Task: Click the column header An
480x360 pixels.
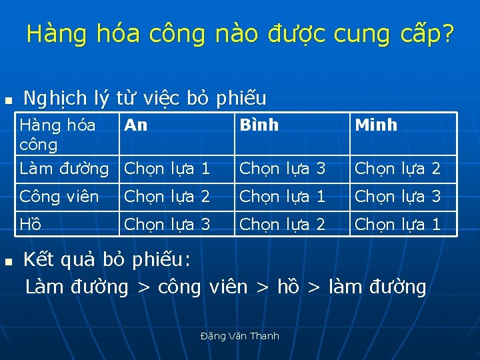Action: coord(136,125)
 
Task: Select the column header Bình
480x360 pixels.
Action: coord(259,125)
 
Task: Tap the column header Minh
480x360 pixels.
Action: coord(376,125)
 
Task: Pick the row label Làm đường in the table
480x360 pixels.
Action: coord(64,169)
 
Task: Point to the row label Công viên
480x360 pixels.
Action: coord(59,197)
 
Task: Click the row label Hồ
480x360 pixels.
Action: coord(31,225)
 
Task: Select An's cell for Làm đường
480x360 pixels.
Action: coord(167,169)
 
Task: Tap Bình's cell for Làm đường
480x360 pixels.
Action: coord(283,169)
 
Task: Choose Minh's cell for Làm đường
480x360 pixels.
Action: coord(398,169)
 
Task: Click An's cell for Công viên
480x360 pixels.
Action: coord(167,197)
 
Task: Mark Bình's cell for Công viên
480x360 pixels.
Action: coord(283,197)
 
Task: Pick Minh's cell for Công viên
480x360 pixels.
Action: coord(398,197)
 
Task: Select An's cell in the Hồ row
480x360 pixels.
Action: coord(167,225)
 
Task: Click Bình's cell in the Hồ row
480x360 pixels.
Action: coord(283,225)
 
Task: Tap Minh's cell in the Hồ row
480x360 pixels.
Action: coord(398,225)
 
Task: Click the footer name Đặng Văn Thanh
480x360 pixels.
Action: coord(240,336)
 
